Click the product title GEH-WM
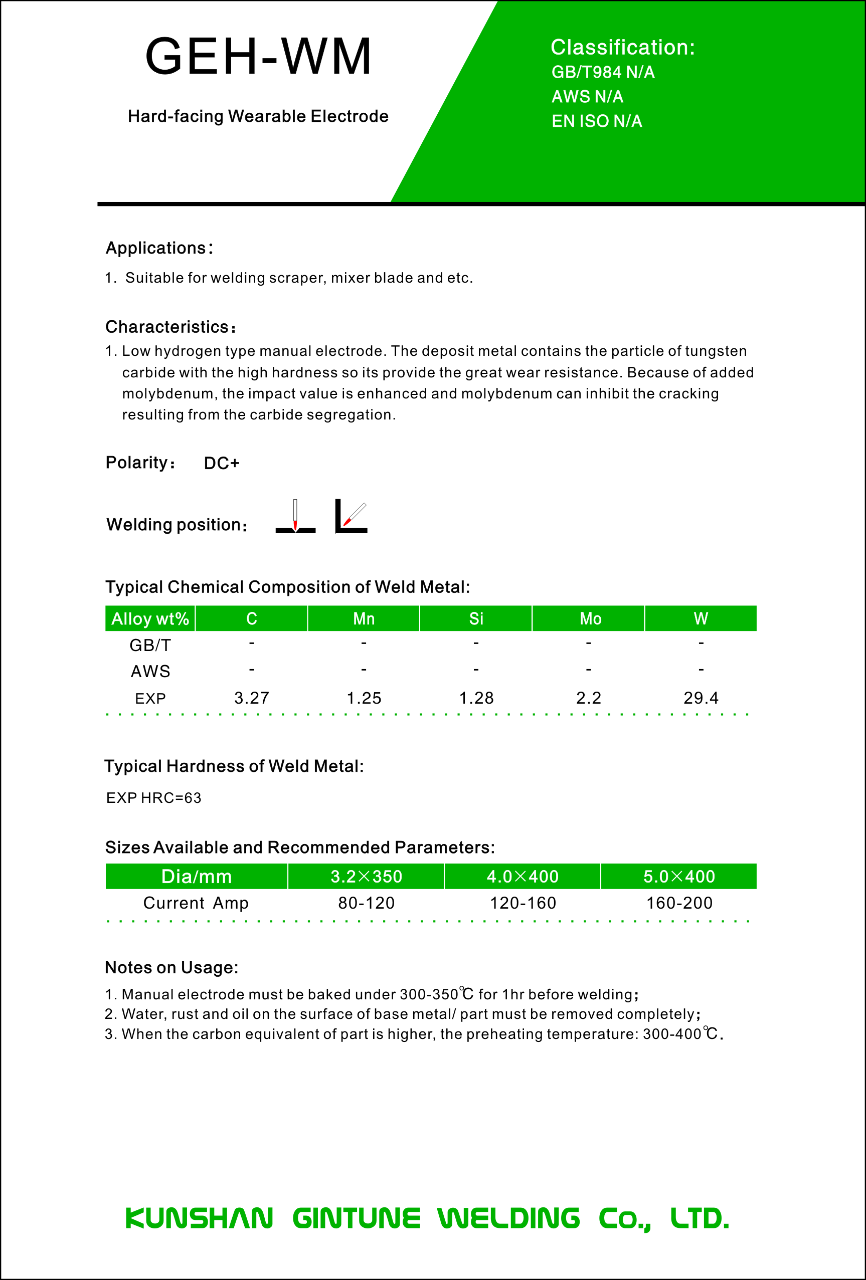(258, 56)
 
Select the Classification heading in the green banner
(622, 48)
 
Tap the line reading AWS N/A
(587, 96)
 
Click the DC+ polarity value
(222, 463)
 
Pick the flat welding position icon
(295, 517)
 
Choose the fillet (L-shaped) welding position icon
(351, 517)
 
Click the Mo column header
(590, 618)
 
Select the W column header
(701, 618)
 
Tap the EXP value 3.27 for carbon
(251, 698)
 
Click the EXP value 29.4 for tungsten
(701, 698)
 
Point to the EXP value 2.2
(588, 698)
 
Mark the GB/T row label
(150, 645)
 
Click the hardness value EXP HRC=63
(154, 797)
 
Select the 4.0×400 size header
(523, 876)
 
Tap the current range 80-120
(366, 903)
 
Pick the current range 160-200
(679, 903)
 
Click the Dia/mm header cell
(196, 876)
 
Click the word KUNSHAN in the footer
(199, 1218)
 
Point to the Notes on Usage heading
(171, 967)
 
